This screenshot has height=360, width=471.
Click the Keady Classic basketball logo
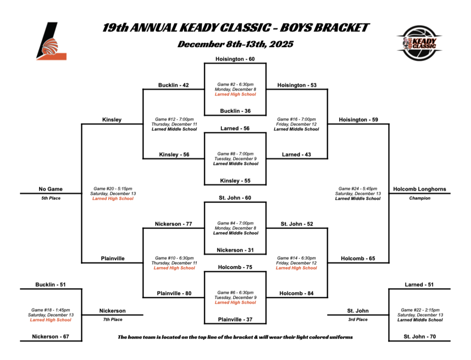419,43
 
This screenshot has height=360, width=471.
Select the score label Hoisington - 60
235,59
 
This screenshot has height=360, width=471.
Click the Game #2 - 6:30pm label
235,84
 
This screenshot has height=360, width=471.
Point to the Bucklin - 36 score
235,111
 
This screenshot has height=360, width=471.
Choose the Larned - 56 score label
235,128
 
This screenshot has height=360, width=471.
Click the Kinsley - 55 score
235,181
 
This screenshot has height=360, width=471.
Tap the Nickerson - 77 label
173,224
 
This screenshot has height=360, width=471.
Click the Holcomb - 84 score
297,293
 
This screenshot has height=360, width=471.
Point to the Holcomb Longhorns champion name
419,189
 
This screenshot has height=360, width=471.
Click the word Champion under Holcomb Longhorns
419,198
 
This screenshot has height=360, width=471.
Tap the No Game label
51,189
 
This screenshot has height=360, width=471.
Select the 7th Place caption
112,319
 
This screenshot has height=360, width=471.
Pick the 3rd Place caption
358,319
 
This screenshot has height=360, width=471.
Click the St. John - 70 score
419,337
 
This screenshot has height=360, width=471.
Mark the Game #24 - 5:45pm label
358,189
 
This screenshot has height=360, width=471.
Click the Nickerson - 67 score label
51,337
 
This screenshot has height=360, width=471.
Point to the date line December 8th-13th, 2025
235,45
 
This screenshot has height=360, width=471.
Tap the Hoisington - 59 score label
358,120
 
